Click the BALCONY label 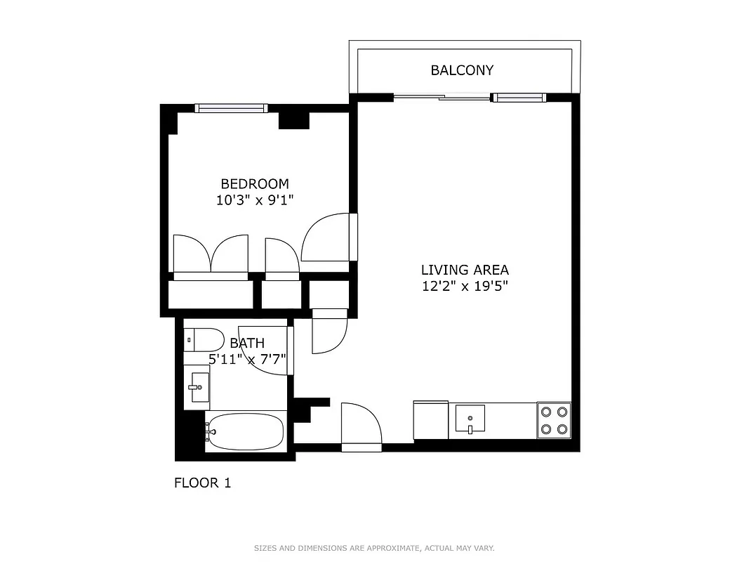[462, 70]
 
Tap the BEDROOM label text [254, 184]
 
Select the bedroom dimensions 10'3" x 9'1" [254, 200]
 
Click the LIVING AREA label [465, 270]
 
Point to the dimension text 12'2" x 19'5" [465, 286]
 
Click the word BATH [247, 344]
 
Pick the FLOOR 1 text [202, 483]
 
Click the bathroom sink [197, 387]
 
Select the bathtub [245, 431]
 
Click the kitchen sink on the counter [470, 419]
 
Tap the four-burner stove [554, 420]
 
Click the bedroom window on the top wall [230, 108]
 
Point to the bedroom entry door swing [326, 239]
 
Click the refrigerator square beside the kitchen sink [430, 420]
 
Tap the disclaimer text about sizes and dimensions [374, 548]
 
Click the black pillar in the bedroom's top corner [294, 120]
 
